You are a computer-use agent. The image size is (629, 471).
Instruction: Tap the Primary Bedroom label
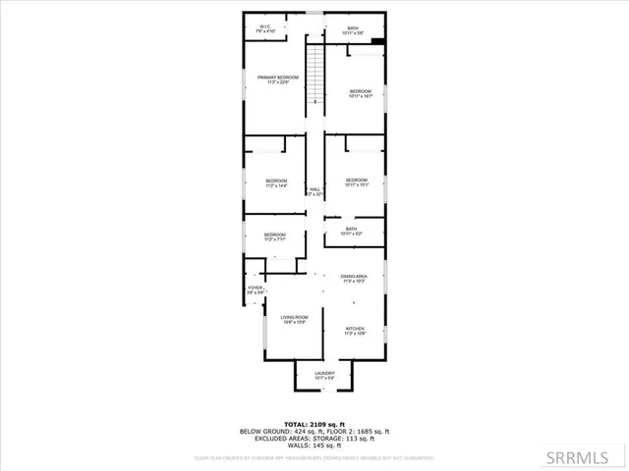278,79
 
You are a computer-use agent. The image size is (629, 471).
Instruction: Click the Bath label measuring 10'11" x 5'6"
353,30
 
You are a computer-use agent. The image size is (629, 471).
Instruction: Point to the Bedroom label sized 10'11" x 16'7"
360,94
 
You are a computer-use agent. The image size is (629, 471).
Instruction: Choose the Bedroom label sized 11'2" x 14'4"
275,183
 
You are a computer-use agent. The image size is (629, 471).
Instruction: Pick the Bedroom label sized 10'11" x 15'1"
356,183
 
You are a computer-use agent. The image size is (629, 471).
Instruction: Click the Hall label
314,192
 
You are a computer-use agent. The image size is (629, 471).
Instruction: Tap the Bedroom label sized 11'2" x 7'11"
274,236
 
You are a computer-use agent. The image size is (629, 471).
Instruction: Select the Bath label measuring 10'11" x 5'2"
351,232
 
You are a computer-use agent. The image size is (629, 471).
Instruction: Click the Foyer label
256,290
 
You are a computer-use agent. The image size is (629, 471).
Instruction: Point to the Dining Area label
354,280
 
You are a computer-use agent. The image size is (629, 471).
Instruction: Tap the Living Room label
294,319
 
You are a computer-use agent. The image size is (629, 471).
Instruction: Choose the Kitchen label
355,331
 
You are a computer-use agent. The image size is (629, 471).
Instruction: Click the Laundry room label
324,375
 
